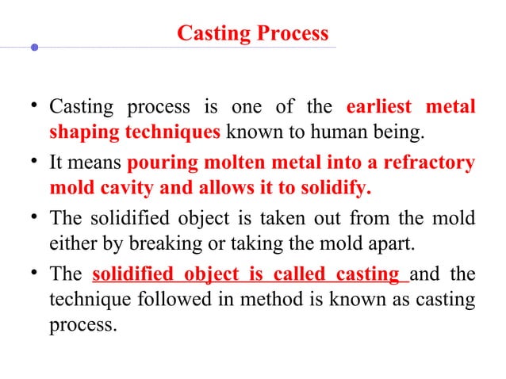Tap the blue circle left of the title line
click(34, 48)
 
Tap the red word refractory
click(429, 165)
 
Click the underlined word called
click(289, 275)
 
